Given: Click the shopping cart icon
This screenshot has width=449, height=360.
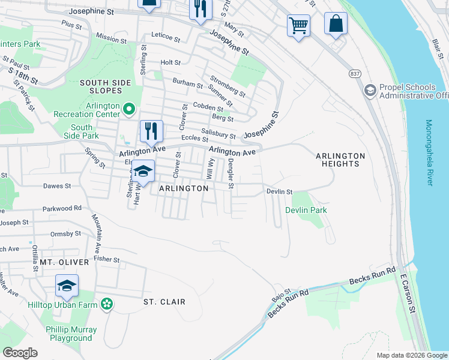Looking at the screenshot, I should [x=298, y=26].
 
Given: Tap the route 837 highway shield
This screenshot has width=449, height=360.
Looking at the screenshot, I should [x=354, y=73].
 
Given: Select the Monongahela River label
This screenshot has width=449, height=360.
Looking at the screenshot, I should [x=429, y=152].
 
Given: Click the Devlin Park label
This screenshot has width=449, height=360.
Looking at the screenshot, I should [x=306, y=211].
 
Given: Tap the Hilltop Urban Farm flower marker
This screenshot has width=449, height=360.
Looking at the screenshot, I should [x=107, y=304].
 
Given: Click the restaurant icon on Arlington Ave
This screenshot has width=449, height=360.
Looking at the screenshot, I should [x=151, y=130].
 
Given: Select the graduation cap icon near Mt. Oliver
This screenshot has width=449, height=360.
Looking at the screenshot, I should [x=67, y=286].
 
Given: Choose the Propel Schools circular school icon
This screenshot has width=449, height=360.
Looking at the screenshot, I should [x=370, y=91].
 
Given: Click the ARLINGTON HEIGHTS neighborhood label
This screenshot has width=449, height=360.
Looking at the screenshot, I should [x=340, y=160].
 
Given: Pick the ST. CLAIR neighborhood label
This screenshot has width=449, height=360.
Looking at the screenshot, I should [x=164, y=302].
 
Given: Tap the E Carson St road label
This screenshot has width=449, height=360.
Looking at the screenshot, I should [x=408, y=291].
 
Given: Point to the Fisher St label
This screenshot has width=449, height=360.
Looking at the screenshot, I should [x=107, y=260].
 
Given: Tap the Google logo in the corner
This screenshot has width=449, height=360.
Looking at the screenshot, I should [x=20, y=353].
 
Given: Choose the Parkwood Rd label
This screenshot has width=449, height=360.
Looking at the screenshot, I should [x=62, y=208].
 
